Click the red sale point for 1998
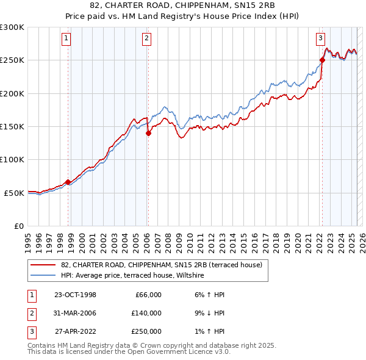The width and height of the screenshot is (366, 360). tap(68, 182)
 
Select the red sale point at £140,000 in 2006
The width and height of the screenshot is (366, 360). tap(148, 133)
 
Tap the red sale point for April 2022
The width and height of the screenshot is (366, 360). tap(322, 60)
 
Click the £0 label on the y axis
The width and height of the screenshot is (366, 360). tap(18, 226)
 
